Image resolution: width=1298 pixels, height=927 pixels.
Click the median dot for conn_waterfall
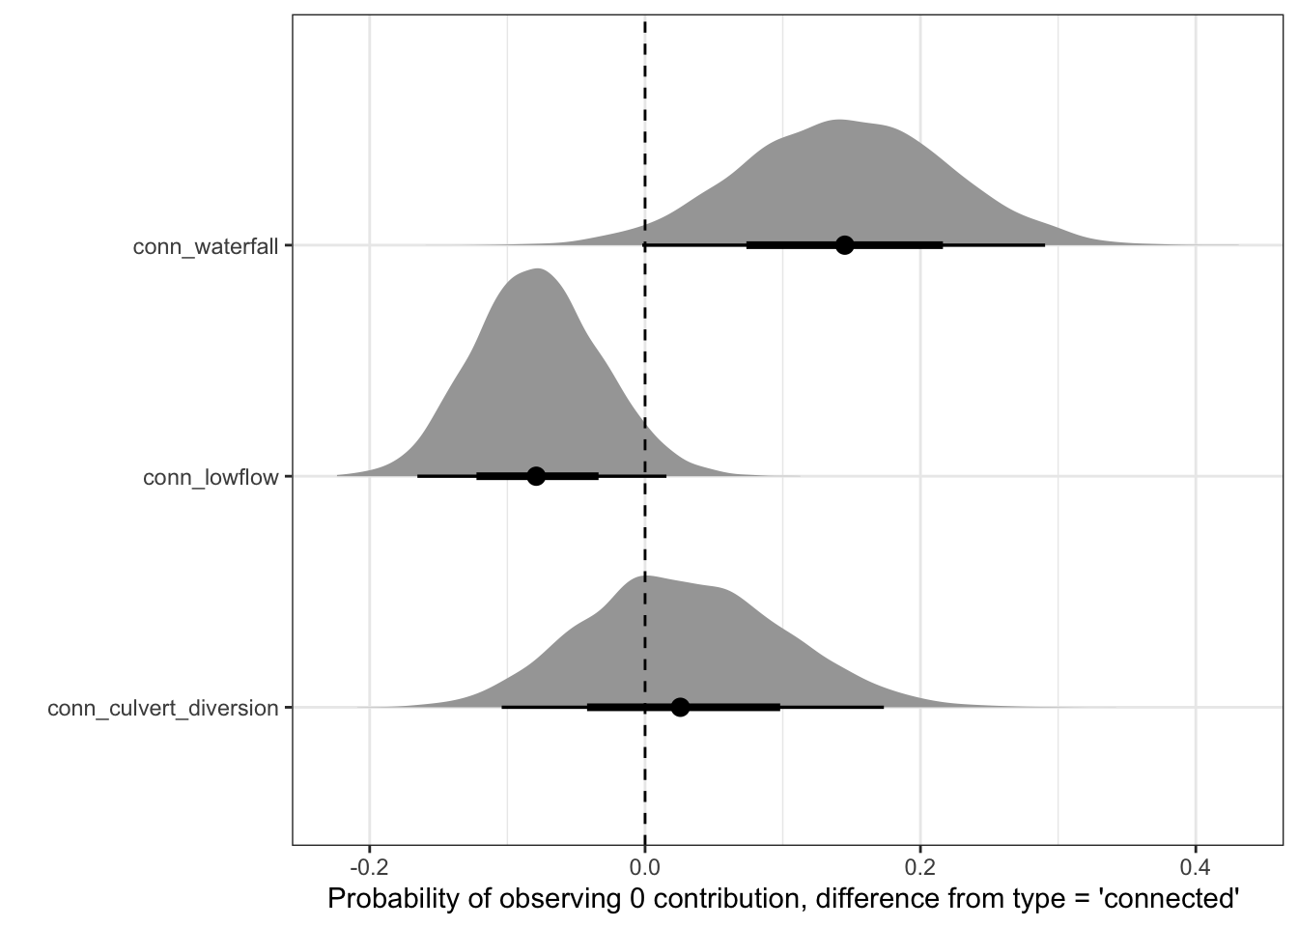(x=844, y=245)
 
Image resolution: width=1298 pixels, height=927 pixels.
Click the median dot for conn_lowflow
(x=536, y=476)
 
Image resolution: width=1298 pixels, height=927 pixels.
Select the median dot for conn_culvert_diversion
(x=680, y=707)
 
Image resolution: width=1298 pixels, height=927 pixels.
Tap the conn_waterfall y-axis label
(x=206, y=246)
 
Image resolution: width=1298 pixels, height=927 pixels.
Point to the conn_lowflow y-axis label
(x=211, y=477)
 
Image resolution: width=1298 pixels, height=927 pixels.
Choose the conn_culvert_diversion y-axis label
(x=163, y=709)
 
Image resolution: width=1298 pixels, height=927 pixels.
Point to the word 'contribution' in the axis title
(x=719, y=899)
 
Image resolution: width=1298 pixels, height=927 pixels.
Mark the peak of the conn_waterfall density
(x=838, y=121)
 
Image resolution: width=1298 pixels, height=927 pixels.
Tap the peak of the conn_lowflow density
(x=538, y=268)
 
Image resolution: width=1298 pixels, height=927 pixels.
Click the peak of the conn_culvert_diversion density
(x=643, y=576)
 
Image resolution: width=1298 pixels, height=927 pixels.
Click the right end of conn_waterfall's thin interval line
(x=1044, y=245)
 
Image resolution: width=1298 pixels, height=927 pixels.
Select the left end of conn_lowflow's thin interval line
(x=417, y=476)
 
